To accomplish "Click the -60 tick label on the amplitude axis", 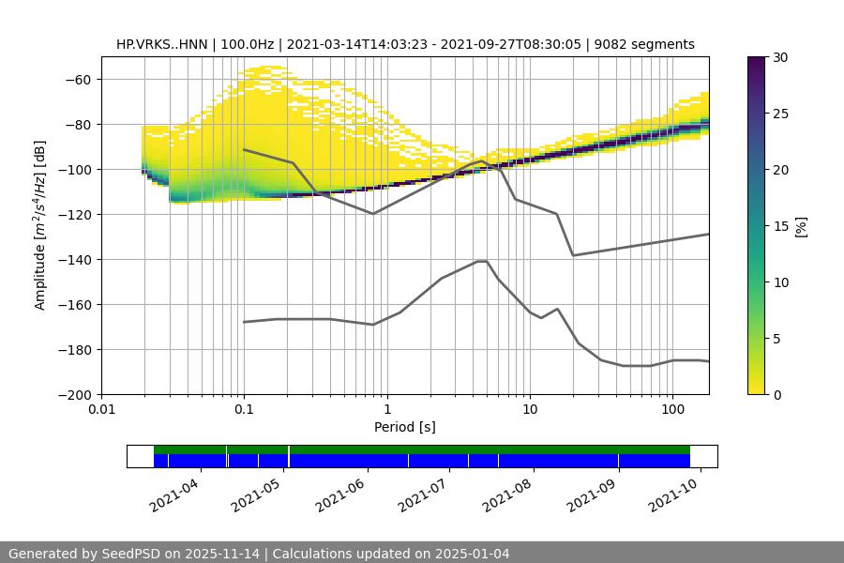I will [80, 80].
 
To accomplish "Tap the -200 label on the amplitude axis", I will [76, 395].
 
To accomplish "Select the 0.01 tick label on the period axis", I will [101, 410].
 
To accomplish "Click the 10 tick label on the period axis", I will [530, 410].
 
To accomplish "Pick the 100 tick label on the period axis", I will [672, 410].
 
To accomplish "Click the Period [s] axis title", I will [404, 427].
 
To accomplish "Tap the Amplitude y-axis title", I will [40, 225].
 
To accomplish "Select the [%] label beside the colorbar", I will [801, 226].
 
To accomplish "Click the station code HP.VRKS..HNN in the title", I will [159, 44].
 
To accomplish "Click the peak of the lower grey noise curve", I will [482, 261].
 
